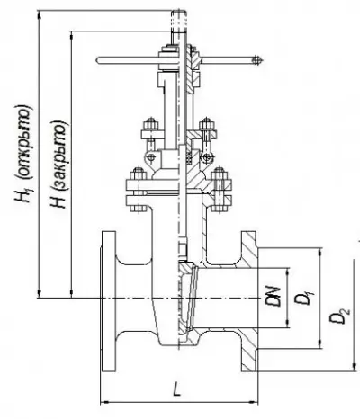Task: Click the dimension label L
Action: click(177, 389)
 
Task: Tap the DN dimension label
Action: click(274, 297)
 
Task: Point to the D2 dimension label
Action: click(339, 316)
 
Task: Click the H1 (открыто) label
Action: click(24, 154)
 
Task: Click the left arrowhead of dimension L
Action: click(104, 402)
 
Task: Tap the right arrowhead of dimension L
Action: click(254, 402)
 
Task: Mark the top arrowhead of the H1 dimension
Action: click(39, 15)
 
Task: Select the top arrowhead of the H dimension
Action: click(71, 35)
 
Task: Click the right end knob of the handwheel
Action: click(256, 60)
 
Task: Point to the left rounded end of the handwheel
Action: click(99, 60)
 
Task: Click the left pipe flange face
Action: click(109, 301)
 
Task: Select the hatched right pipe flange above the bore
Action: click(248, 249)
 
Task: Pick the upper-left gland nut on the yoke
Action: click(150, 123)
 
